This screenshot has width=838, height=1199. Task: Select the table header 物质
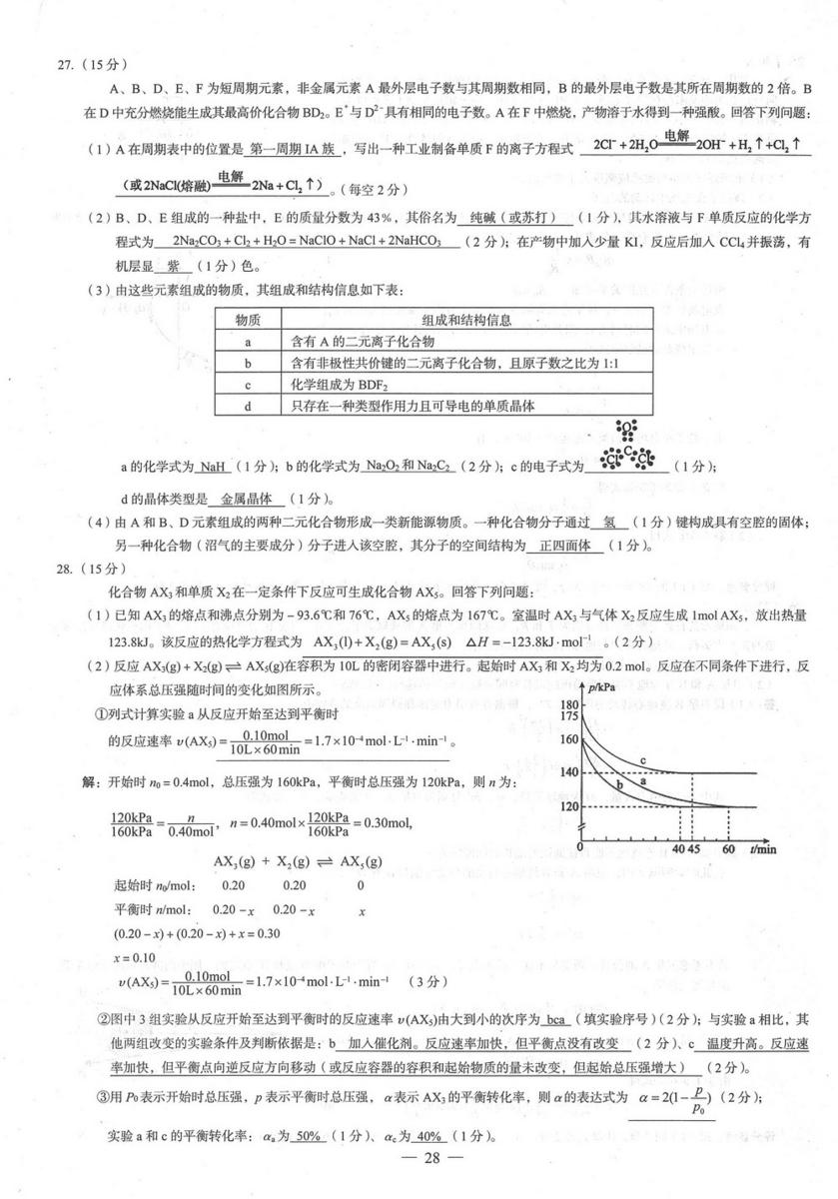pyautogui.click(x=248, y=320)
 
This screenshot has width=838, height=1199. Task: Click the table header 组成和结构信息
pyautogui.click(x=466, y=320)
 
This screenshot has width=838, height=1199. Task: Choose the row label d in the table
pyautogui.click(x=247, y=406)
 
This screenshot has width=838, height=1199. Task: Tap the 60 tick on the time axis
pyautogui.click(x=728, y=849)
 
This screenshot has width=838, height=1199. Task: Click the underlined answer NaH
pyautogui.click(x=213, y=467)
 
